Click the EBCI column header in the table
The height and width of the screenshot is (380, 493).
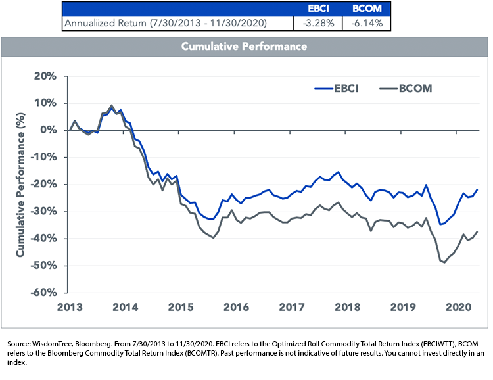point(318,9)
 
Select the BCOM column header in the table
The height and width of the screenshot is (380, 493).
point(367,9)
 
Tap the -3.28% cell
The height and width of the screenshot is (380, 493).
point(318,23)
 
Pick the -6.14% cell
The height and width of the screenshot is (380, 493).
point(367,23)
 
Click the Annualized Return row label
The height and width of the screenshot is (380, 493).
point(166,23)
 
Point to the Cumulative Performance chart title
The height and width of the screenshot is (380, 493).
point(244,47)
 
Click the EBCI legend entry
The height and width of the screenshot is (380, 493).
point(337,89)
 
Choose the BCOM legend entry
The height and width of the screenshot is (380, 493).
point(406,89)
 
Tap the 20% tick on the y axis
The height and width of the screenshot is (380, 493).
point(45,76)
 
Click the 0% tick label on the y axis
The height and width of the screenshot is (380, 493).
point(49,130)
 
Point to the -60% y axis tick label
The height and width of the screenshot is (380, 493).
point(43,293)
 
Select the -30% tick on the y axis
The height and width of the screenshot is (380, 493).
point(43,211)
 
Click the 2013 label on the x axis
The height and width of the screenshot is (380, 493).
point(70,307)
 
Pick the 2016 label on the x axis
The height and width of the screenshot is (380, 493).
point(236,307)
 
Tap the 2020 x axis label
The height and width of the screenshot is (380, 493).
point(458,307)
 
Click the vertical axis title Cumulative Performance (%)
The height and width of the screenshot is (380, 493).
point(20,184)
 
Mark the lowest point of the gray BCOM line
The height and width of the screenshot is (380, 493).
point(444,262)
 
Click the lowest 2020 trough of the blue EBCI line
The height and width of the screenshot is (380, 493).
point(440,224)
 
